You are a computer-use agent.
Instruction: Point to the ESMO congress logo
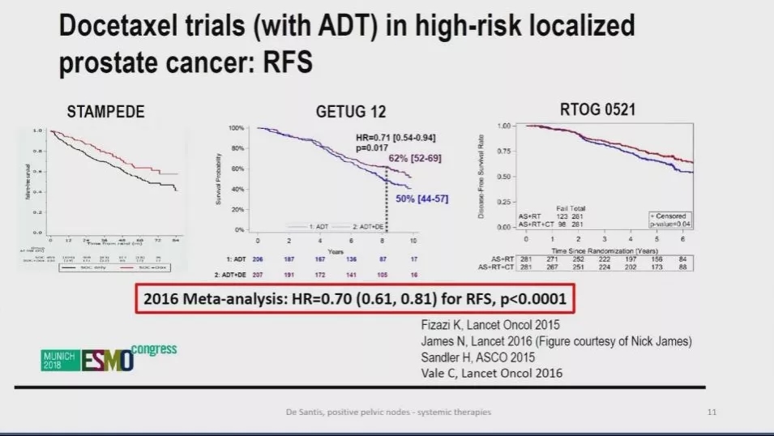[109, 357]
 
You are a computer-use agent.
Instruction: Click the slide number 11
[712, 412]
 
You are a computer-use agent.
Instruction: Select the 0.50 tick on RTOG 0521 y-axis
[507, 176]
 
